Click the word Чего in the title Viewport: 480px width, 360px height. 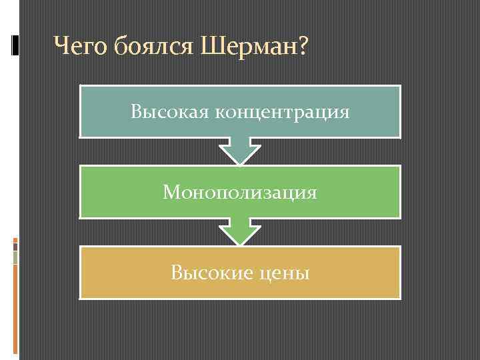(81, 47)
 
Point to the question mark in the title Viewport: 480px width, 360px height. (302, 47)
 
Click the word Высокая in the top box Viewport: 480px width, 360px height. (169, 111)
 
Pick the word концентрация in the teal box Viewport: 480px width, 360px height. (282, 112)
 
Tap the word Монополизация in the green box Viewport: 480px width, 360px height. (240, 193)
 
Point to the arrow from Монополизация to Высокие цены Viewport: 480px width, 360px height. (240, 231)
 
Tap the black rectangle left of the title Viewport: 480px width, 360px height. (15, 45)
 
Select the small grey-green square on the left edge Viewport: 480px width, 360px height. (15, 257)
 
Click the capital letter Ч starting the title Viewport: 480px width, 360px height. (61, 47)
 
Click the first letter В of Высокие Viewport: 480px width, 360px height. (176, 273)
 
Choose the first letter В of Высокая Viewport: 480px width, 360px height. (136, 111)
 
